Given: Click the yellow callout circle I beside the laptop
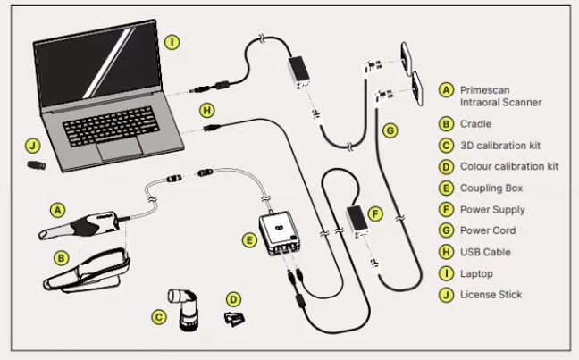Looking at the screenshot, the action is point(172,43).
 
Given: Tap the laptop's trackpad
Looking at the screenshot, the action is point(120,148).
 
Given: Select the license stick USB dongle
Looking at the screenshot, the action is point(37,165).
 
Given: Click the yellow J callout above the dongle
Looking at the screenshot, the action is point(33,146).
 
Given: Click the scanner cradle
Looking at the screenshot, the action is point(88,271).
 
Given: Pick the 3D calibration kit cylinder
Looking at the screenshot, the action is point(183,309).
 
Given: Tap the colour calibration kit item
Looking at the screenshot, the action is point(234,319).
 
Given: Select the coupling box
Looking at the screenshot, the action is point(279,233).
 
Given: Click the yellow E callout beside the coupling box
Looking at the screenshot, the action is point(249,240).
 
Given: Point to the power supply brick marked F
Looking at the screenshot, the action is point(357,220).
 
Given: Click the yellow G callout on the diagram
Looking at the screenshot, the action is point(390,130).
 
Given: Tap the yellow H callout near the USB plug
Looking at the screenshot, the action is point(207,110).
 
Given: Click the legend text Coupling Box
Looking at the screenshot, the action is point(491,188).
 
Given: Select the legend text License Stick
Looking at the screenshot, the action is point(491,295).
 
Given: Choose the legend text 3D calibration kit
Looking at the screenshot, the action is point(500,146).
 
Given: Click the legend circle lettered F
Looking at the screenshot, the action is point(446,209).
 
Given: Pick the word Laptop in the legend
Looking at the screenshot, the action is point(476,274).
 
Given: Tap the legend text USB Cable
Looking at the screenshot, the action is point(485,252).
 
